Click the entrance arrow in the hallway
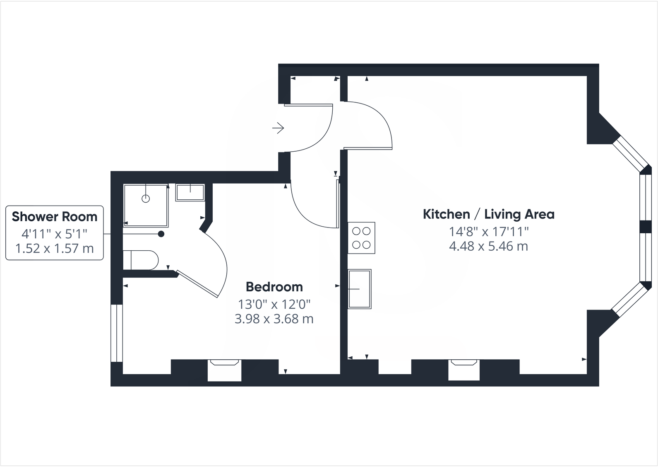(278, 128)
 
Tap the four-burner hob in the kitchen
(361, 238)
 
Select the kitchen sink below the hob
(359, 289)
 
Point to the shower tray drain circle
(145, 199)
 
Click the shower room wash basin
(190, 192)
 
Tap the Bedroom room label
(274, 287)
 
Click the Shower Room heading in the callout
(54, 216)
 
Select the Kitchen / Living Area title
(488, 214)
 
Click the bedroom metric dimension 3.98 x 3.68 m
(274, 319)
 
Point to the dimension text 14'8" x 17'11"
(488, 231)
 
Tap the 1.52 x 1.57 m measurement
(54, 249)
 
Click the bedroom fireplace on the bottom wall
(224, 370)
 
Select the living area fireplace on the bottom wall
(464, 370)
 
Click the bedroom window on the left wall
(117, 333)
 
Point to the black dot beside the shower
(161, 234)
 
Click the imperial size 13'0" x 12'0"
(274, 304)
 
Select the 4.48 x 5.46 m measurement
(488, 247)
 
